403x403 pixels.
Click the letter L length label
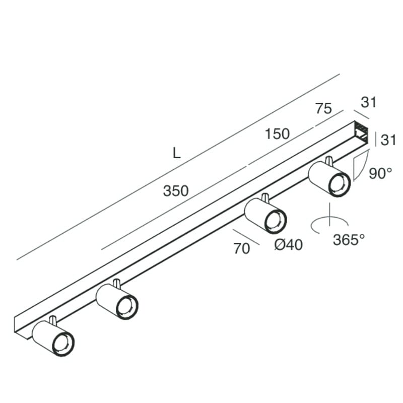coord(177,153)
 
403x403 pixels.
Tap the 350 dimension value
coord(176,191)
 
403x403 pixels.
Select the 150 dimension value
coord(277,134)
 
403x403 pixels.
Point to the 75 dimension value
coord(323,108)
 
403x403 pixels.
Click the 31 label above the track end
coord(369,102)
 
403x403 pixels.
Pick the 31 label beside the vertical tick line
coord(388,141)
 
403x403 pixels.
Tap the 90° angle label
coord(380,173)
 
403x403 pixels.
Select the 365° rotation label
coord(349,240)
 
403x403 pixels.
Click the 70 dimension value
coord(241,248)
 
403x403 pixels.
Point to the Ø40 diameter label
coord(288,244)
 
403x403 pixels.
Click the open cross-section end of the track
coord(361,132)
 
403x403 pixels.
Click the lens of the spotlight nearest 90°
coord(339,185)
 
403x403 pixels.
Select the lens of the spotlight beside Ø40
coord(275,222)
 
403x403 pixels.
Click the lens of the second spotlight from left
coord(127,308)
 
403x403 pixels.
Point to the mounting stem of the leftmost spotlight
coord(52,320)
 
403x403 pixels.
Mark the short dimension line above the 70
coord(246,237)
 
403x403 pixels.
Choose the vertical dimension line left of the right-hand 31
coord(376,139)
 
